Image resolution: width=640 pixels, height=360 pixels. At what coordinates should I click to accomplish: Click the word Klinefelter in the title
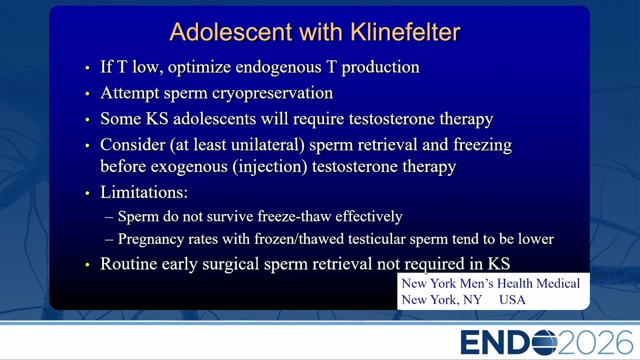(x=405, y=31)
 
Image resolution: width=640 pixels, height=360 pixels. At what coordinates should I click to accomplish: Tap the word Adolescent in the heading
(x=231, y=31)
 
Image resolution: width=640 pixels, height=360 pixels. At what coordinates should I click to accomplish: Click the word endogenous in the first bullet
(x=278, y=67)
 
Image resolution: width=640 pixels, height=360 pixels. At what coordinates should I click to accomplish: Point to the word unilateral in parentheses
(x=267, y=144)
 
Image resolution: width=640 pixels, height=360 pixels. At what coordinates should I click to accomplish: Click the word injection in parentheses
(x=269, y=167)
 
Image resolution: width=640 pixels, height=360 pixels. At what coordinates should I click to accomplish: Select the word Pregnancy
(x=151, y=239)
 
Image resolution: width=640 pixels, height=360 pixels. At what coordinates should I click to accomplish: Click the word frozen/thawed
(x=299, y=239)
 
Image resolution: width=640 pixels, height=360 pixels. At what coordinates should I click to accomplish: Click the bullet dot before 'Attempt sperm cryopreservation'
(x=87, y=93)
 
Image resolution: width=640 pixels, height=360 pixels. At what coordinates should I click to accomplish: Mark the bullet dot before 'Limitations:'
(x=87, y=193)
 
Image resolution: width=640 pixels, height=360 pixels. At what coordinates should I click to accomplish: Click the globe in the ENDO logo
(x=544, y=342)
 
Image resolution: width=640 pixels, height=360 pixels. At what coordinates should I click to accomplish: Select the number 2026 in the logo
(x=595, y=342)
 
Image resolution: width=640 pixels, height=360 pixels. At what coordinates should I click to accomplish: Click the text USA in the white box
(x=512, y=300)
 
